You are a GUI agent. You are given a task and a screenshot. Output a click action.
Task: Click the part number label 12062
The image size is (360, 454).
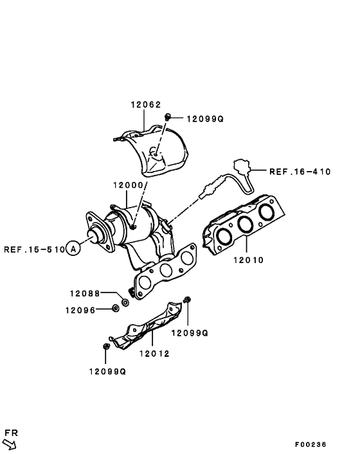[x=146, y=104]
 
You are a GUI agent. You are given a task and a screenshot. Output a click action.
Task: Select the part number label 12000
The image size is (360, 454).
[x=128, y=185]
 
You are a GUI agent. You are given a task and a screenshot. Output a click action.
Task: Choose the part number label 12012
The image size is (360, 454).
[x=154, y=352]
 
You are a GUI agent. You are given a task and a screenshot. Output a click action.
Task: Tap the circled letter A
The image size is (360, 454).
[x=74, y=249]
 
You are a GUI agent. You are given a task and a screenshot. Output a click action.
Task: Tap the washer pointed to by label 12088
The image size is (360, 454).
[x=125, y=301]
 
